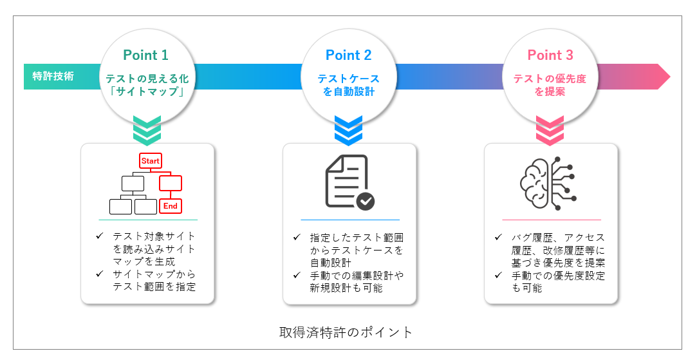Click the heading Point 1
(146, 55)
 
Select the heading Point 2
(348, 55)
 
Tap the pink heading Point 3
(550, 55)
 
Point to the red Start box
(151, 160)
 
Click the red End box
(171, 206)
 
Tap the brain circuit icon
(549, 181)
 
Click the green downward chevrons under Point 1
(147, 130)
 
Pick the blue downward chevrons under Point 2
(349, 130)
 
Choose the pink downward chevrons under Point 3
(550, 130)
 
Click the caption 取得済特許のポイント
(346, 332)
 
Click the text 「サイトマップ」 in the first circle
(147, 92)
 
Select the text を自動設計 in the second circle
(349, 92)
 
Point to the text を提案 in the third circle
(550, 92)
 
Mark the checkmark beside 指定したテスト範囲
(297, 238)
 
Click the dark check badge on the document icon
(366, 201)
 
